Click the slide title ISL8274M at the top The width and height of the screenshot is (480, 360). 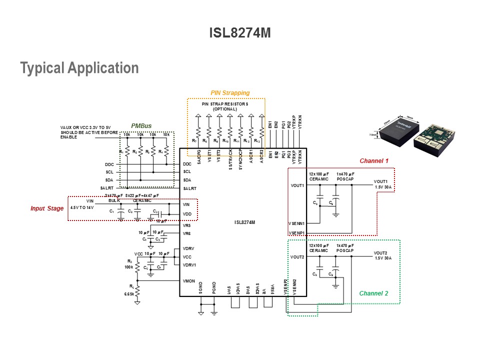click(239, 33)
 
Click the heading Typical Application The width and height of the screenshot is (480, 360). click(79, 68)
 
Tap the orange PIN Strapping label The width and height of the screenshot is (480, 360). click(230, 93)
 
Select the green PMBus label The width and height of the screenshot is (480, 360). click(141, 126)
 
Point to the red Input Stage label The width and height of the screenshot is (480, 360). click(47, 208)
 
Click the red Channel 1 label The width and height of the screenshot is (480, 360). click(374, 161)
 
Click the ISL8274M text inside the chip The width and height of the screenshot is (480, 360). click(244, 222)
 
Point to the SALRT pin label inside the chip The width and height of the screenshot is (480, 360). click(190, 188)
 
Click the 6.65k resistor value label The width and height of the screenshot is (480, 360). click(129, 294)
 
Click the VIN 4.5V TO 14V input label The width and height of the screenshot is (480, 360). click(82, 204)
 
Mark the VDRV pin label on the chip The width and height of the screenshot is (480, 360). click(188, 248)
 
